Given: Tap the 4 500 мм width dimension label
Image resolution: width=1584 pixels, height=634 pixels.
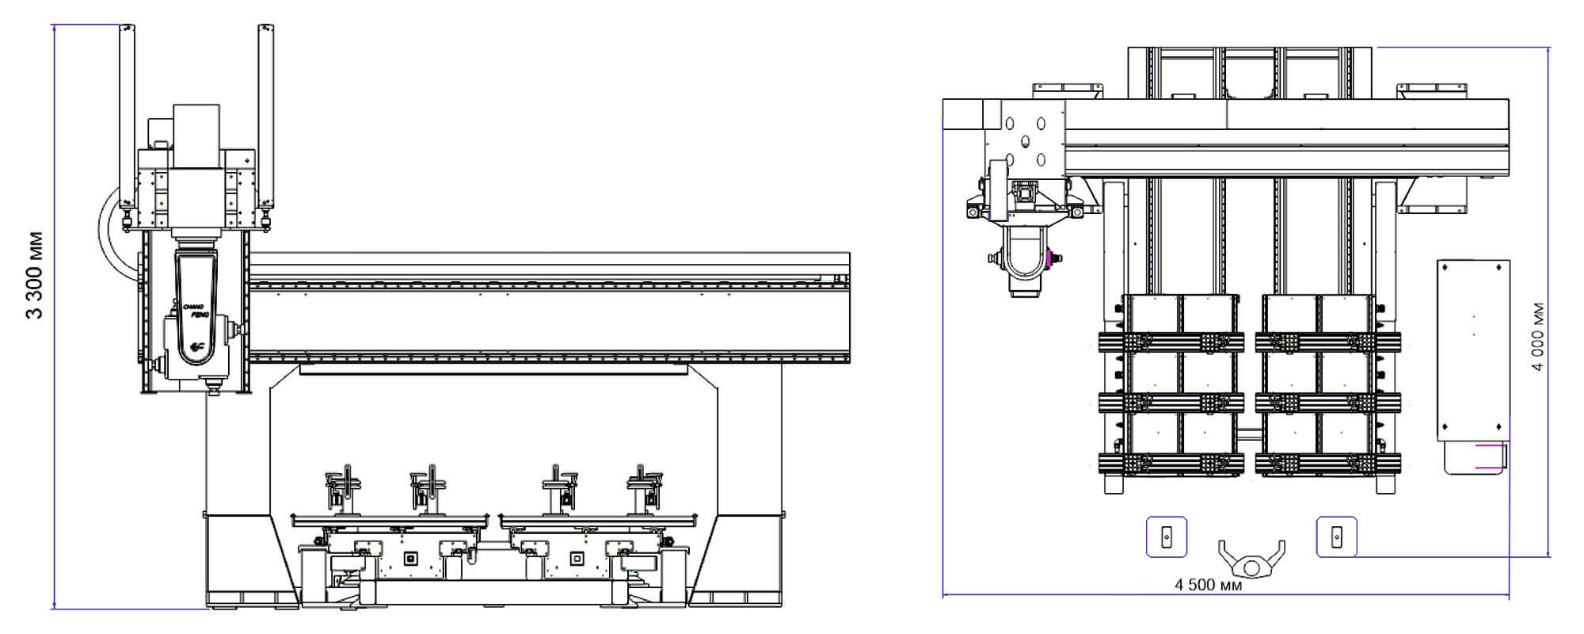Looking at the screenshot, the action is (x=1208, y=585).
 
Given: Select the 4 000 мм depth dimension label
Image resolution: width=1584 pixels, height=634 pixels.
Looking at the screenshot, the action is (x=1537, y=337).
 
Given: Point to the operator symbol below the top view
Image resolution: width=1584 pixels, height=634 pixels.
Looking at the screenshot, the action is (x=1251, y=560).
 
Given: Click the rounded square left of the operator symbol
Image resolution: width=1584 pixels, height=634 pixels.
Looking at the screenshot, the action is (x=1167, y=537).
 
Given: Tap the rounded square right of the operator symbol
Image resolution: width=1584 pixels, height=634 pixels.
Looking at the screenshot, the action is (x=1336, y=537).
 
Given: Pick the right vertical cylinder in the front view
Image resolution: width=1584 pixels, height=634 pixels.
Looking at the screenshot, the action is (x=266, y=116).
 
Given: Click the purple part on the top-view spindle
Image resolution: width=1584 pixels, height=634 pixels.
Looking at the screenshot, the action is (x=1051, y=258).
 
